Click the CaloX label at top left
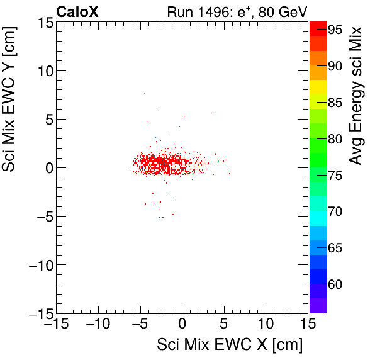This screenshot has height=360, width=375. click(76, 12)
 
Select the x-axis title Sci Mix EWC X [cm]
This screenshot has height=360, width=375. click(230, 345)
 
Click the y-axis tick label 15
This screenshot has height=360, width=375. click(44, 23)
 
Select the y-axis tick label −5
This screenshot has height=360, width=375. click(42, 217)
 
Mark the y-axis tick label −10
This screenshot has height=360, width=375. click(38, 265)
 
